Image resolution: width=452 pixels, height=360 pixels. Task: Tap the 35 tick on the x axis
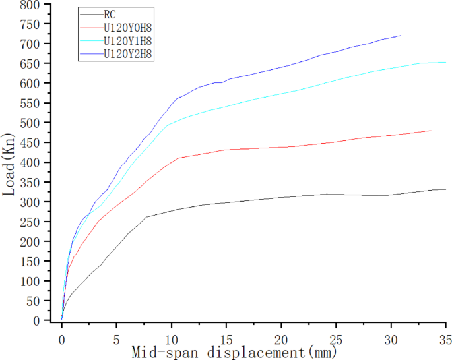click(445, 333)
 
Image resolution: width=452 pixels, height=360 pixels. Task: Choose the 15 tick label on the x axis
click(226, 333)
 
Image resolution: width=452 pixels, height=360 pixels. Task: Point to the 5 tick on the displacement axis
click(117, 333)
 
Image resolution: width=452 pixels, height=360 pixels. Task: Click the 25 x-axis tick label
click(336, 333)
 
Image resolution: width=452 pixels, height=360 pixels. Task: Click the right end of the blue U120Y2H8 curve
click(401, 36)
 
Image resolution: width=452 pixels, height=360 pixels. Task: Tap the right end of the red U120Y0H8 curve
click(431, 131)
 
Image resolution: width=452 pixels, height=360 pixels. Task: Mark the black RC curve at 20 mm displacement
click(281, 197)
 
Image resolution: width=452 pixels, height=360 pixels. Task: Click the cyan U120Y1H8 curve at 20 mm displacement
click(281, 93)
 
